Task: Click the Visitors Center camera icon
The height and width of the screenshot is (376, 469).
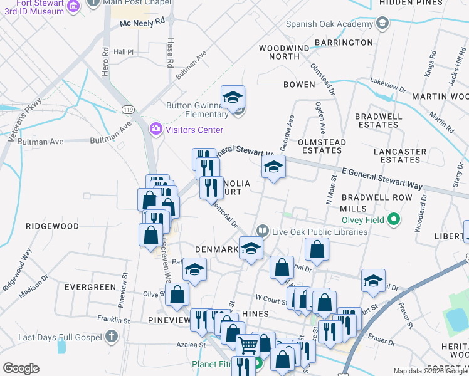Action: click(155, 129)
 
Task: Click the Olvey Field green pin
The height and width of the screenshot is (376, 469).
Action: click(393, 219)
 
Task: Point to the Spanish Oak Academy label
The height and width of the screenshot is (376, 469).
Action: click(326, 24)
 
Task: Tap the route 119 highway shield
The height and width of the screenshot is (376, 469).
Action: click(129, 110)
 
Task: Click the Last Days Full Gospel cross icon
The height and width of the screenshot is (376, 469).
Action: click(112, 337)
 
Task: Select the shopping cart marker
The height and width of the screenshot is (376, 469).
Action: click(248, 344)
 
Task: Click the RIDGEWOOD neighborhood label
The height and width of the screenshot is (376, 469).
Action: click(52, 226)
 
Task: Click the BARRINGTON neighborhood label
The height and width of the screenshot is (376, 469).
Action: click(344, 43)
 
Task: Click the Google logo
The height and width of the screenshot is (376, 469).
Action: click(21, 368)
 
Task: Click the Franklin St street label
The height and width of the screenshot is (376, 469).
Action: click(113, 320)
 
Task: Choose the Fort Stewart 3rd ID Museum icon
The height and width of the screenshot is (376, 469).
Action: click(73, 6)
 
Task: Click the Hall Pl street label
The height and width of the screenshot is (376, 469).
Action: click(124, 52)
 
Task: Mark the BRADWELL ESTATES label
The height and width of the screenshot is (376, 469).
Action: click(376, 120)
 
